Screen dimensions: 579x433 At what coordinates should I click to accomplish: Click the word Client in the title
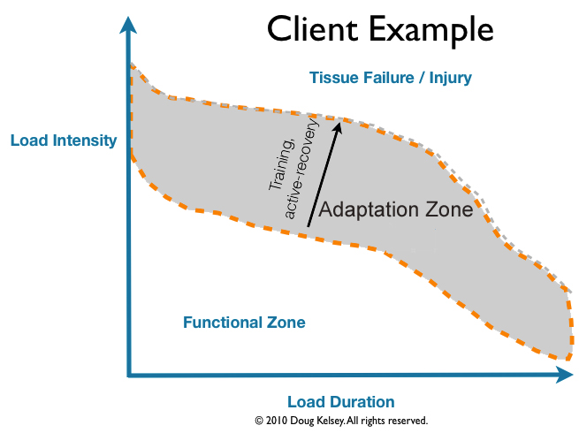point(312,28)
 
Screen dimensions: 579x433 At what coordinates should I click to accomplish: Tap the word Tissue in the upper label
point(333,78)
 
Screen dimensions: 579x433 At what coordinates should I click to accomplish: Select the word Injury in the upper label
point(451,79)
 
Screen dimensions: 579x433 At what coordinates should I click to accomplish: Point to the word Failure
point(389,78)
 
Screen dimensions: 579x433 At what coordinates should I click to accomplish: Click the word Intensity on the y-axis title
point(85,141)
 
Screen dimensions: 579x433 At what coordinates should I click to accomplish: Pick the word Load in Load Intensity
point(29,141)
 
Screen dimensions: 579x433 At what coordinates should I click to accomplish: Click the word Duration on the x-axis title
point(362,402)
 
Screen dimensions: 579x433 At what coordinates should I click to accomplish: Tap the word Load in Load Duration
point(306,402)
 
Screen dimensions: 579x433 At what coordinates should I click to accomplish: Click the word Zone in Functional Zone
point(286,323)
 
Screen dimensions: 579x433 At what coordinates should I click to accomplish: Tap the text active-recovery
point(301,169)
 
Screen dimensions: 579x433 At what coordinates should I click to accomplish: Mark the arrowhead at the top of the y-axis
point(128,25)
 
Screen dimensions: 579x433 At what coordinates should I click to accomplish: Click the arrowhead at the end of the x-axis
point(564,375)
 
